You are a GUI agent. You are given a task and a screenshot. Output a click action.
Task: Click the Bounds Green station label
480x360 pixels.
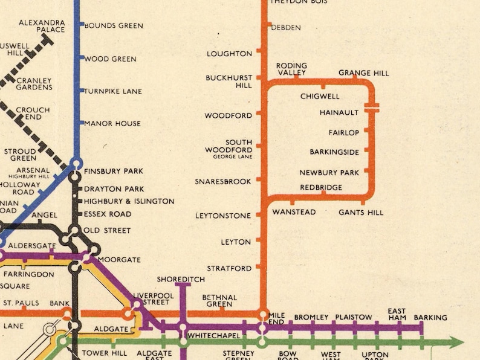click(x=114, y=26)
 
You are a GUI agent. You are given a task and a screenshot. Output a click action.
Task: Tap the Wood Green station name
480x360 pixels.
click(x=110, y=59)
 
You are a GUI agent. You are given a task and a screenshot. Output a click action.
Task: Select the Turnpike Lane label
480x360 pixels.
click(x=113, y=91)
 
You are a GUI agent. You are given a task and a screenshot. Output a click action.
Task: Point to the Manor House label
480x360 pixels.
click(x=112, y=124)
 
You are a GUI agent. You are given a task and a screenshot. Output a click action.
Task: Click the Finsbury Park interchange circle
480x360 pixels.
click(x=76, y=163)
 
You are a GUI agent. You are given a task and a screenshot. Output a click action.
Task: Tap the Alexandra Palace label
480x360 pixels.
click(x=42, y=26)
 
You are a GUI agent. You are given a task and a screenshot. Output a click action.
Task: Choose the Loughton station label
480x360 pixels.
click(x=229, y=54)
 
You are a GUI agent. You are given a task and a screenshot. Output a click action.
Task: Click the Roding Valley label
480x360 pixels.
click(x=291, y=69)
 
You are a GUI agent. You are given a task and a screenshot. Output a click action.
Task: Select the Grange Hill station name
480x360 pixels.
click(x=363, y=73)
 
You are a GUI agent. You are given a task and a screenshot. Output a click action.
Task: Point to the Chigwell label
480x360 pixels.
click(x=320, y=97)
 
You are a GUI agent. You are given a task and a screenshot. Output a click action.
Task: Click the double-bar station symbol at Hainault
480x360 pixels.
click(x=372, y=107)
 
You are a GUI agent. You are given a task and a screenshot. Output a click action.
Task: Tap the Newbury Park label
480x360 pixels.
click(x=329, y=173)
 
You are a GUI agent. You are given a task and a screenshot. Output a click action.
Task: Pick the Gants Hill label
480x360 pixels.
click(x=361, y=213)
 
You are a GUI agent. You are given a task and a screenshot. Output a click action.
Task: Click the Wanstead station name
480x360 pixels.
click(x=294, y=213)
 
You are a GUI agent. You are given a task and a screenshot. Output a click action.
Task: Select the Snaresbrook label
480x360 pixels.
click(x=222, y=181)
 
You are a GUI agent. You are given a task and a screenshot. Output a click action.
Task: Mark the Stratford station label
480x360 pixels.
click(x=229, y=268)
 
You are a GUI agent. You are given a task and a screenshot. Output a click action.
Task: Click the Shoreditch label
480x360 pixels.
click(x=181, y=280)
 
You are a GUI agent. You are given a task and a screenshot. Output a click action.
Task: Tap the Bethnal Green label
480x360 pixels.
click(x=219, y=301)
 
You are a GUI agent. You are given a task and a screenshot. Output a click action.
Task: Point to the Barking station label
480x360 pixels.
click(x=430, y=318)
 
